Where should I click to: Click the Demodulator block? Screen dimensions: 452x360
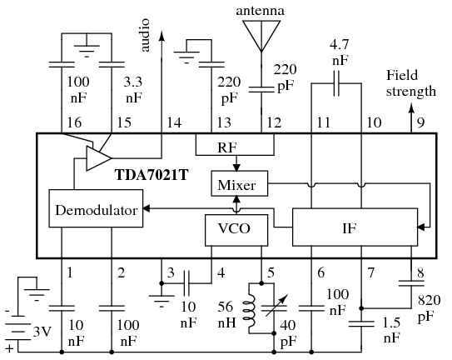click(96, 208)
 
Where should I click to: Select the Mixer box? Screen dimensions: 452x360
click(240, 183)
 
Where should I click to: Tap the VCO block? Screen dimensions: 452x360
click(236, 230)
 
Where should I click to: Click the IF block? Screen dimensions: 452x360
click(355, 227)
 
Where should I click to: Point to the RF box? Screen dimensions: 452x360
click(235, 144)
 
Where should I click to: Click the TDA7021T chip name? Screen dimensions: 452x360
click(151, 175)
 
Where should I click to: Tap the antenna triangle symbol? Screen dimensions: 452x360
click(261, 35)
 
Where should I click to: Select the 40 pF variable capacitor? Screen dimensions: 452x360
click(274, 309)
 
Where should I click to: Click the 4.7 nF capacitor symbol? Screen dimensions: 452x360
click(336, 83)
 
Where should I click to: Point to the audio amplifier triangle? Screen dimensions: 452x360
click(98, 158)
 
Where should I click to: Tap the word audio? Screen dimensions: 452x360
click(146, 35)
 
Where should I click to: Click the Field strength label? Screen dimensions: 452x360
click(411, 83)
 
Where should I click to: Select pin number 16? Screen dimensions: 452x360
click(74, 122)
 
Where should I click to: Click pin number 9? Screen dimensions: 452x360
click(421, 122)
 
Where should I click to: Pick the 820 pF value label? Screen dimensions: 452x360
click(429, 308)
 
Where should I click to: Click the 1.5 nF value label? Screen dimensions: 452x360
click(392, 330)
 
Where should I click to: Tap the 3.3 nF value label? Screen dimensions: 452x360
click(133, 90)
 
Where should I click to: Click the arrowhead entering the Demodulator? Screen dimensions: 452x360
click(147, 208)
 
